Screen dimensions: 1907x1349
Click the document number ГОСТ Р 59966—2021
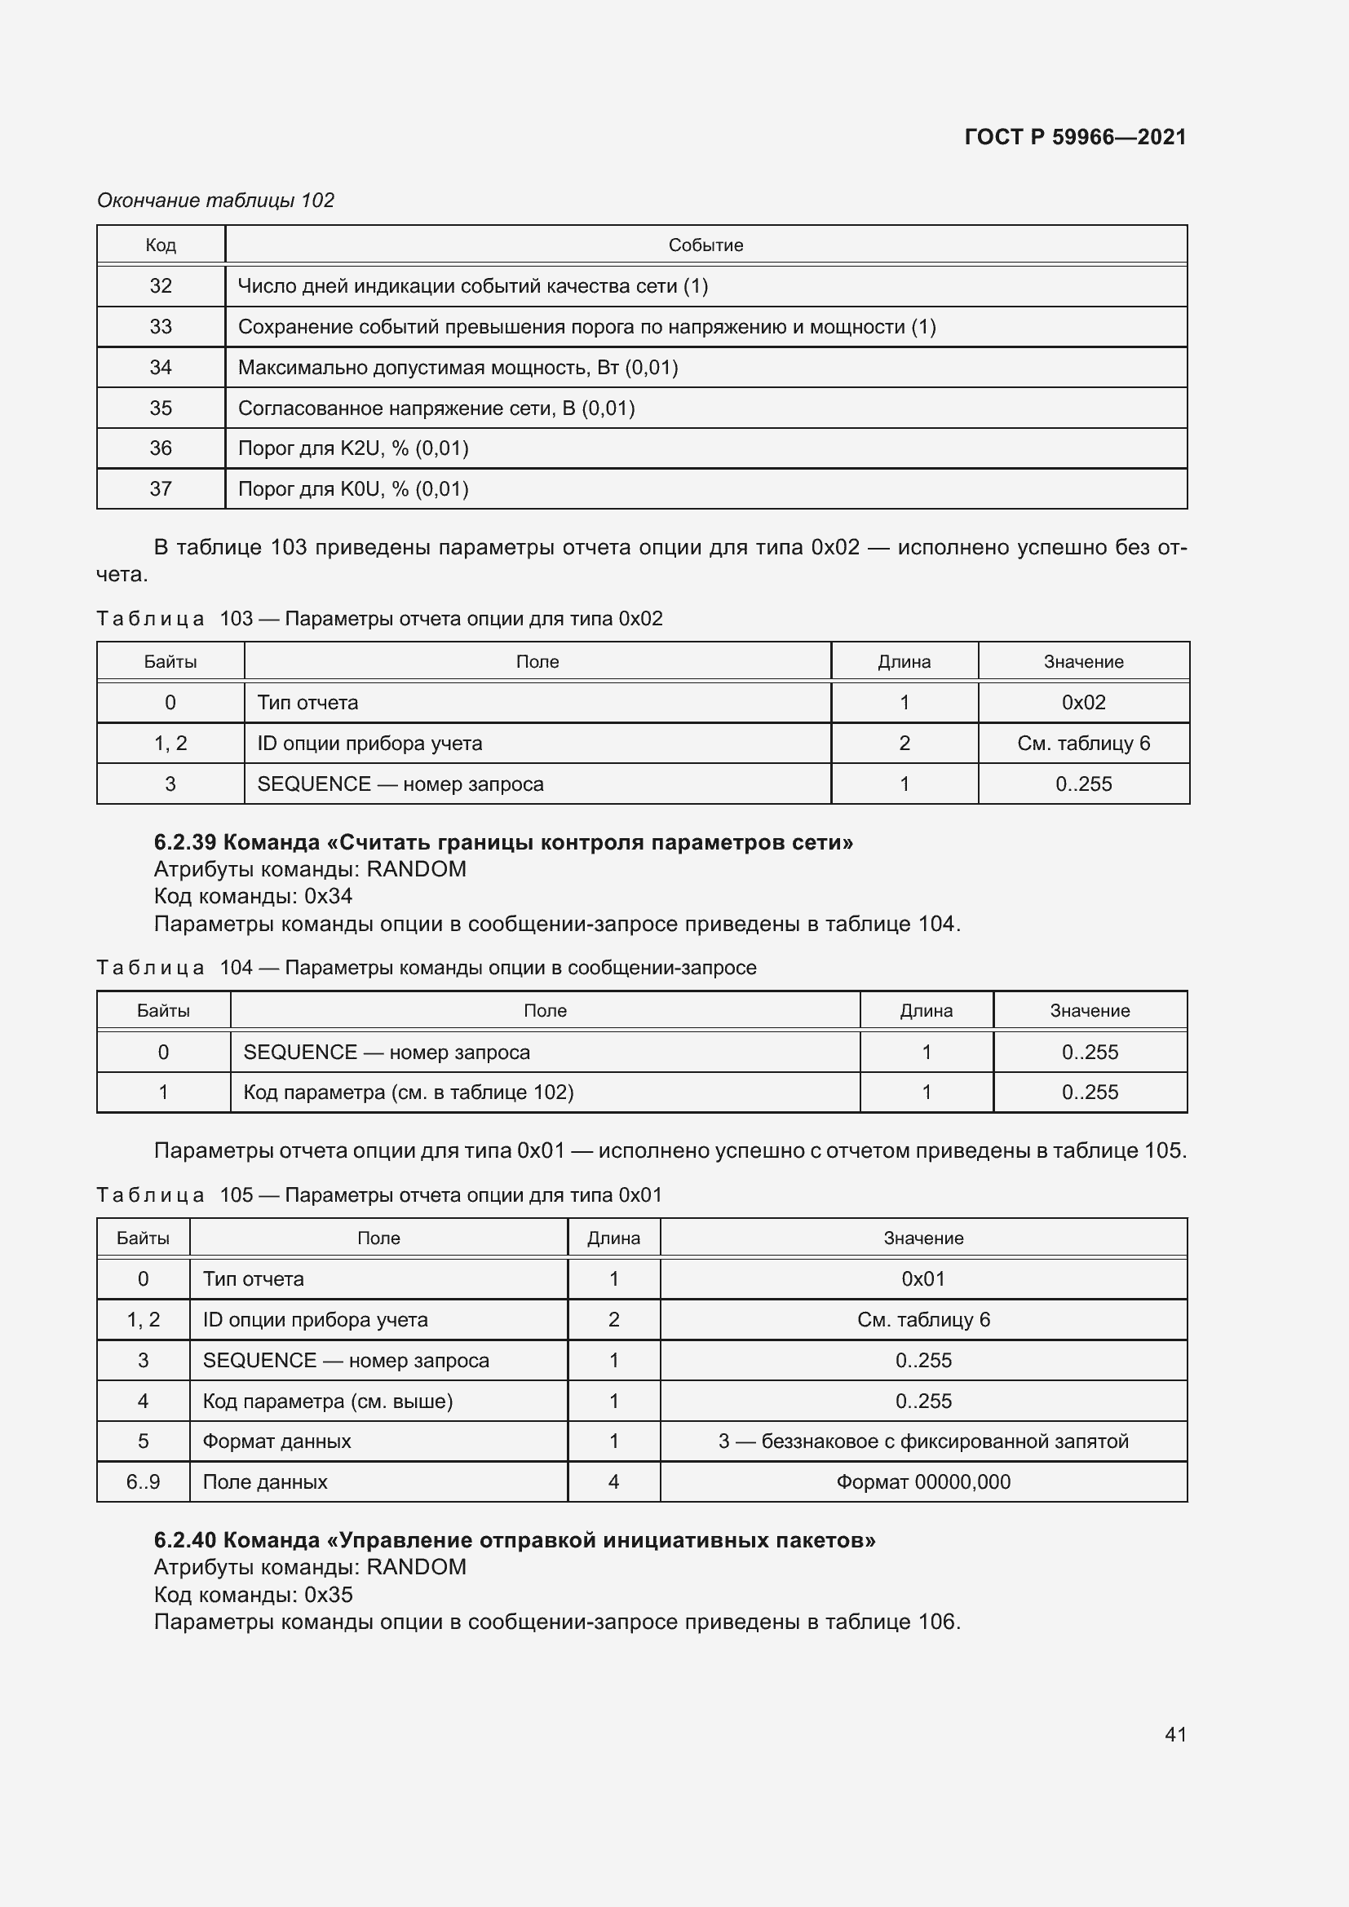coord(1075,137)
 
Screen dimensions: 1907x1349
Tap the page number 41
coord(1175,1734)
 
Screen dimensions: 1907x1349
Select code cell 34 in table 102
coord(161,367)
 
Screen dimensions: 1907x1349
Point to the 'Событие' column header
coord(705,245)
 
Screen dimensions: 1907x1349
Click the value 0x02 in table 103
coord(1083,703)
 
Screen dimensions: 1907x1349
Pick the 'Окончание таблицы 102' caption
coord(215,201)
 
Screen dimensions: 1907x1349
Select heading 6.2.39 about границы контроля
coord(503,842)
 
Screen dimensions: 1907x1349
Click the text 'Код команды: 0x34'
coord(254,896)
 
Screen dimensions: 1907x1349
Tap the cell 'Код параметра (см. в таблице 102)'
coord(408,1093)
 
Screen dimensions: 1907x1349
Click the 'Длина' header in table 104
coord(926,1011)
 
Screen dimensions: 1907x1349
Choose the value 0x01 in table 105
coord(923,1279)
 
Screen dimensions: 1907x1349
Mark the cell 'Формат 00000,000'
coord(923,1481)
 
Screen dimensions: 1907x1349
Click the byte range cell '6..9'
coord(143,1481)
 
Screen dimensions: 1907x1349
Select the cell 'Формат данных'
coord(276,1441)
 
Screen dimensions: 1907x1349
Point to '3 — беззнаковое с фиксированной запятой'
coord(923,1441)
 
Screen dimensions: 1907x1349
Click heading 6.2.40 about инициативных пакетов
coord(514,1540)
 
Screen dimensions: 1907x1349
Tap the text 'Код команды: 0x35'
coord(254,1595)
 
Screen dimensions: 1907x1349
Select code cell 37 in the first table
coord(161,488)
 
